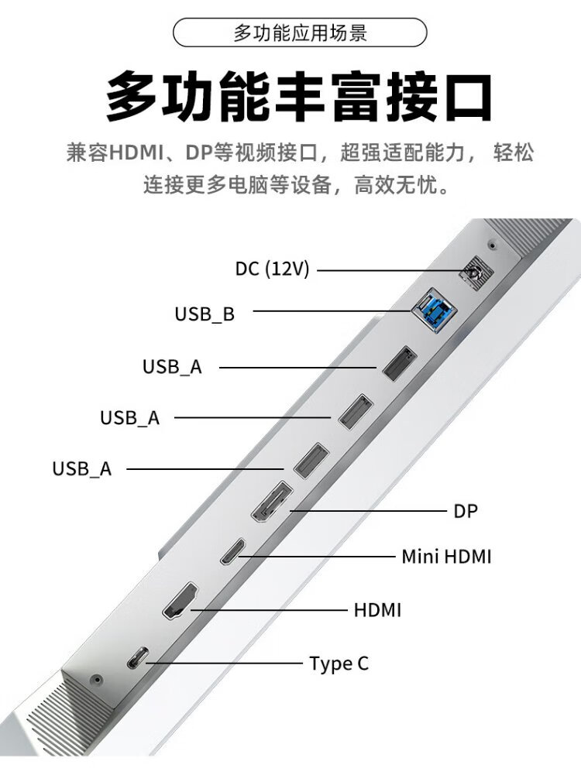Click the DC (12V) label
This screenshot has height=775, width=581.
(272, 269)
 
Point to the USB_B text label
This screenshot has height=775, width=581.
(205, 314)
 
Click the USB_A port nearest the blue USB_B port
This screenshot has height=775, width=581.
(400, 363)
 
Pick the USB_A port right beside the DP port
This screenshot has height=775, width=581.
(311, 461)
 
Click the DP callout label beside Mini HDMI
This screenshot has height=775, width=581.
(466, 511)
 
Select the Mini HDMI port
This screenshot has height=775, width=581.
(233, 551)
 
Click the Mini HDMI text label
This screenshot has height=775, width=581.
(446, 557)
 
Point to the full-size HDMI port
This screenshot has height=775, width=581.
(180, 601)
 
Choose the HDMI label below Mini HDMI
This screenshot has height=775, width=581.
(377, 610)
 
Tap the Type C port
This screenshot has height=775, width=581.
(137, 657)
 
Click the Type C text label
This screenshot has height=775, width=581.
(339, 664)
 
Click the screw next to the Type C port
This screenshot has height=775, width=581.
(96, 680)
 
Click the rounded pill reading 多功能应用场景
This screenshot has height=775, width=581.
(300, 33)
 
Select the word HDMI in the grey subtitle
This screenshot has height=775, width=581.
(136, 153)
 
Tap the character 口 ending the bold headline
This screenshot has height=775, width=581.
(466, 96)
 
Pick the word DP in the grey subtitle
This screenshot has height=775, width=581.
(198, 153)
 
